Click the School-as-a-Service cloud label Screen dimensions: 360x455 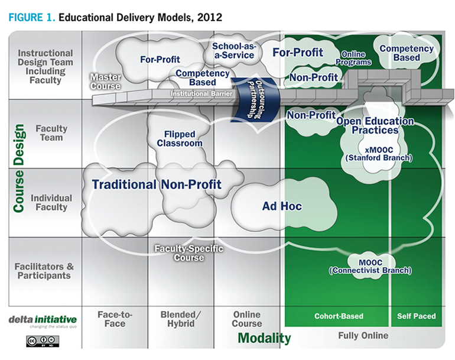[233, 50]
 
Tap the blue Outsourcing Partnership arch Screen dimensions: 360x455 [247, 98]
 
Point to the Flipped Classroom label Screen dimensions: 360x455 [179, 138]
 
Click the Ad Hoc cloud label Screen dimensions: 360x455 [282, 206]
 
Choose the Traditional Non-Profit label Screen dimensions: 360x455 [157, 184]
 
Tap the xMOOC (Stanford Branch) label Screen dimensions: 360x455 [378, 154]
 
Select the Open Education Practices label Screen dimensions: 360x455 [375, 125]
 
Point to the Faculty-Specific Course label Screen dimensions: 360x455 [188, 253]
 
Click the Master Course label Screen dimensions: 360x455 [106, 82]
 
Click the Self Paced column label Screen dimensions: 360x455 [416, 316]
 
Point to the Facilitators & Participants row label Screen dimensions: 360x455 [43, 271]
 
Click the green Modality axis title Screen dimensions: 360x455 [264, 338]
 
